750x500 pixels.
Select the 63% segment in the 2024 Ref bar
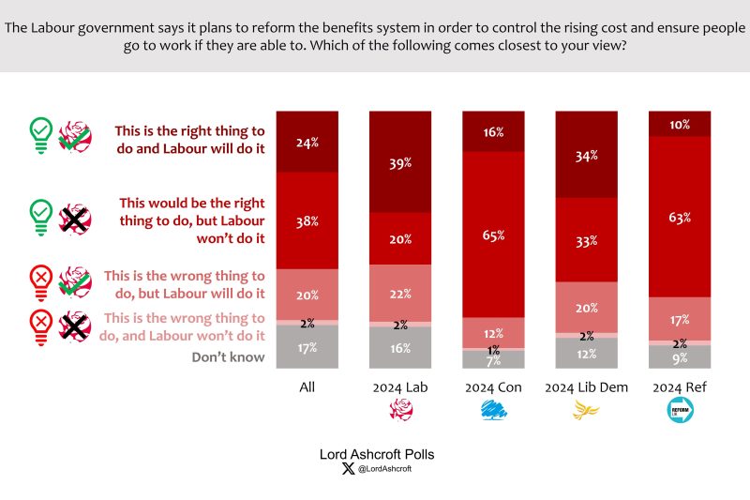681,217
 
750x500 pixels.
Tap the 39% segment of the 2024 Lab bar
400,162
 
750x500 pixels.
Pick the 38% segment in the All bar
307,221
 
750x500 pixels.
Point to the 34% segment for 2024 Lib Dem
587,155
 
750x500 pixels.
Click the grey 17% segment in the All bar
307,347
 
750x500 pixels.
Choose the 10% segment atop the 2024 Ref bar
681,124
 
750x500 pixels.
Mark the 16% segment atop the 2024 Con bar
494,131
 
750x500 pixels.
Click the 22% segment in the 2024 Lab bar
400,293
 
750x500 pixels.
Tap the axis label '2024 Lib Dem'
587,386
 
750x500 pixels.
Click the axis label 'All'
307,386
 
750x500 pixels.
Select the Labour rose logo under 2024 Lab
400,410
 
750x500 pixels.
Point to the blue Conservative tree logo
494,410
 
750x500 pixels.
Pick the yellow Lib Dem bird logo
587,410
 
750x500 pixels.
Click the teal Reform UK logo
681,410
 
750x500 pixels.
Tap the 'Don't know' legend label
229,356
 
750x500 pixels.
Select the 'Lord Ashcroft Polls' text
377,454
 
